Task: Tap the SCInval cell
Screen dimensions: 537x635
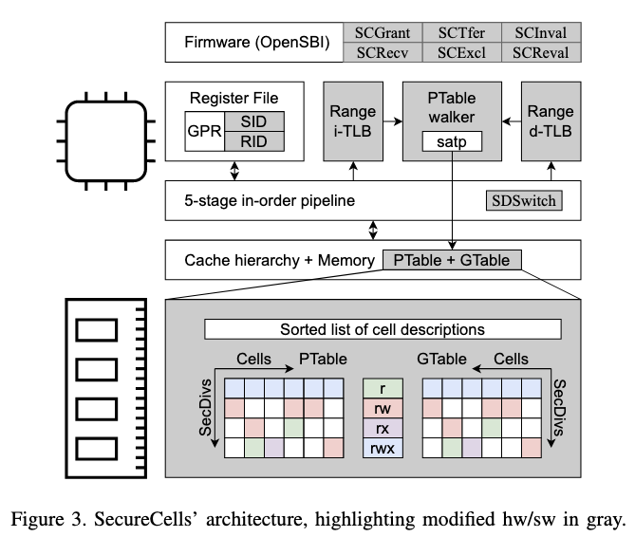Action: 540,33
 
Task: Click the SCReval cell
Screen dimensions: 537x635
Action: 540,51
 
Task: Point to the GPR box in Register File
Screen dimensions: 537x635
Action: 203,133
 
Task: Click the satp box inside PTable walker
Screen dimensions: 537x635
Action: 452,144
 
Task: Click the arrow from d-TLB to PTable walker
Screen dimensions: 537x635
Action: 511,121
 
